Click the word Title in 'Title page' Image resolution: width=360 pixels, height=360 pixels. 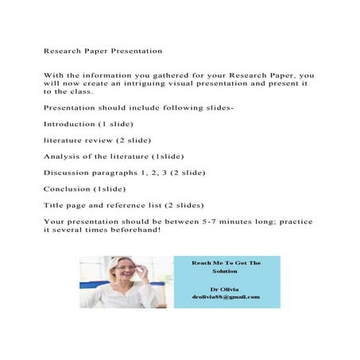[x=54, y=205]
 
